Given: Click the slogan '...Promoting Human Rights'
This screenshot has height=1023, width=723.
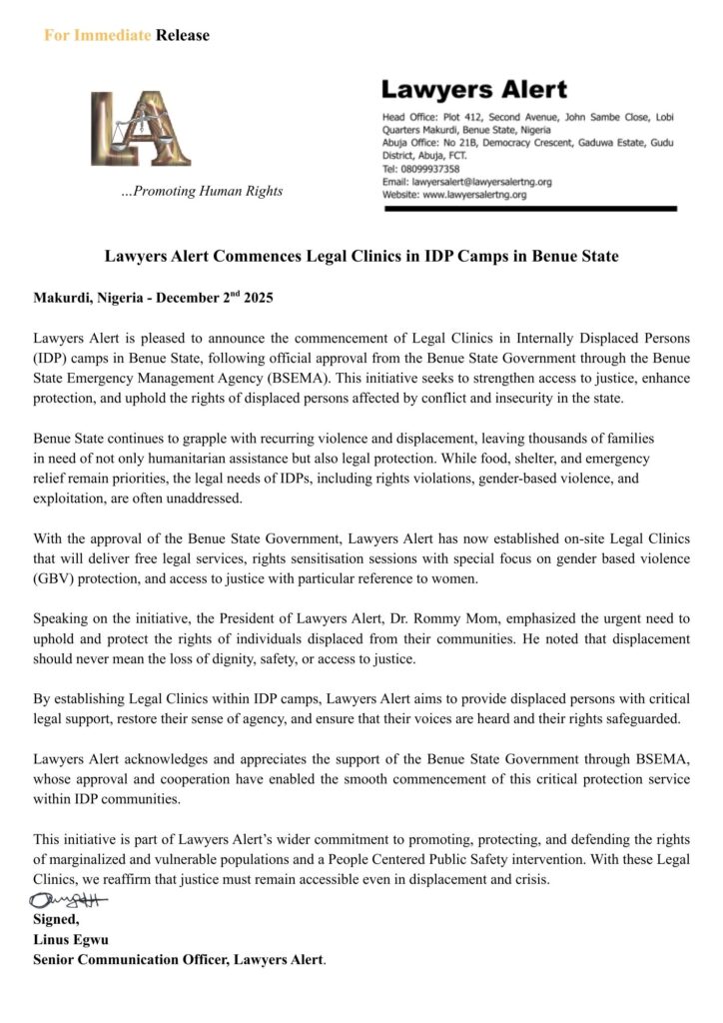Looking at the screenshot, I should pos(201,191).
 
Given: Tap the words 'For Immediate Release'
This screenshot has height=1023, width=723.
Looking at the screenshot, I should pos(127,36).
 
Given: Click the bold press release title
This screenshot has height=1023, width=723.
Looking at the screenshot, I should pos(361,257).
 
